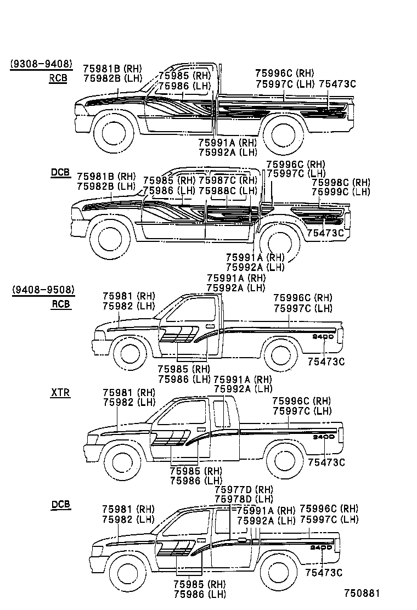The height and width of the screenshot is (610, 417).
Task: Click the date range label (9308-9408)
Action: pyautogui.click(x=41, y=64)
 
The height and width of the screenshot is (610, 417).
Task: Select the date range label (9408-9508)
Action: pyautogui.click(x=43, y=290)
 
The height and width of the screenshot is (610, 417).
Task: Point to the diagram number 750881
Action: pyautogui.click(x=362, y=594)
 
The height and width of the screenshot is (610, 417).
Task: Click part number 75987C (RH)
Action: pyautogui.click(x=227, y=180)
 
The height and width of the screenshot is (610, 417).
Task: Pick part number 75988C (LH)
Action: pyautogui.click(x=227, y=190)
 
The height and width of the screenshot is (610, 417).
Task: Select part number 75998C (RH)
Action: pyautogui.click(x=341, y=183)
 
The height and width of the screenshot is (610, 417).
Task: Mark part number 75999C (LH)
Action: pyautogui.click(x=341, y=192)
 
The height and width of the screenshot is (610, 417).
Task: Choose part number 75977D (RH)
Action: pyautogui.click(x=244, y=489)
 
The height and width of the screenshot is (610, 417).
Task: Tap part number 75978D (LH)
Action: pyautogui.click(x=244, y=499)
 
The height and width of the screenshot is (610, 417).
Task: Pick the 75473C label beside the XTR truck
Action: pyautogui.click(x=326, y=462)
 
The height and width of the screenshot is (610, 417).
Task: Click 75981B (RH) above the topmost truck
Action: pyautogui.click(x=112, y=69)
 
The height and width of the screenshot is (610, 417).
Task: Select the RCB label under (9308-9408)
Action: pyautogui.click(x=58, y=78)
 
